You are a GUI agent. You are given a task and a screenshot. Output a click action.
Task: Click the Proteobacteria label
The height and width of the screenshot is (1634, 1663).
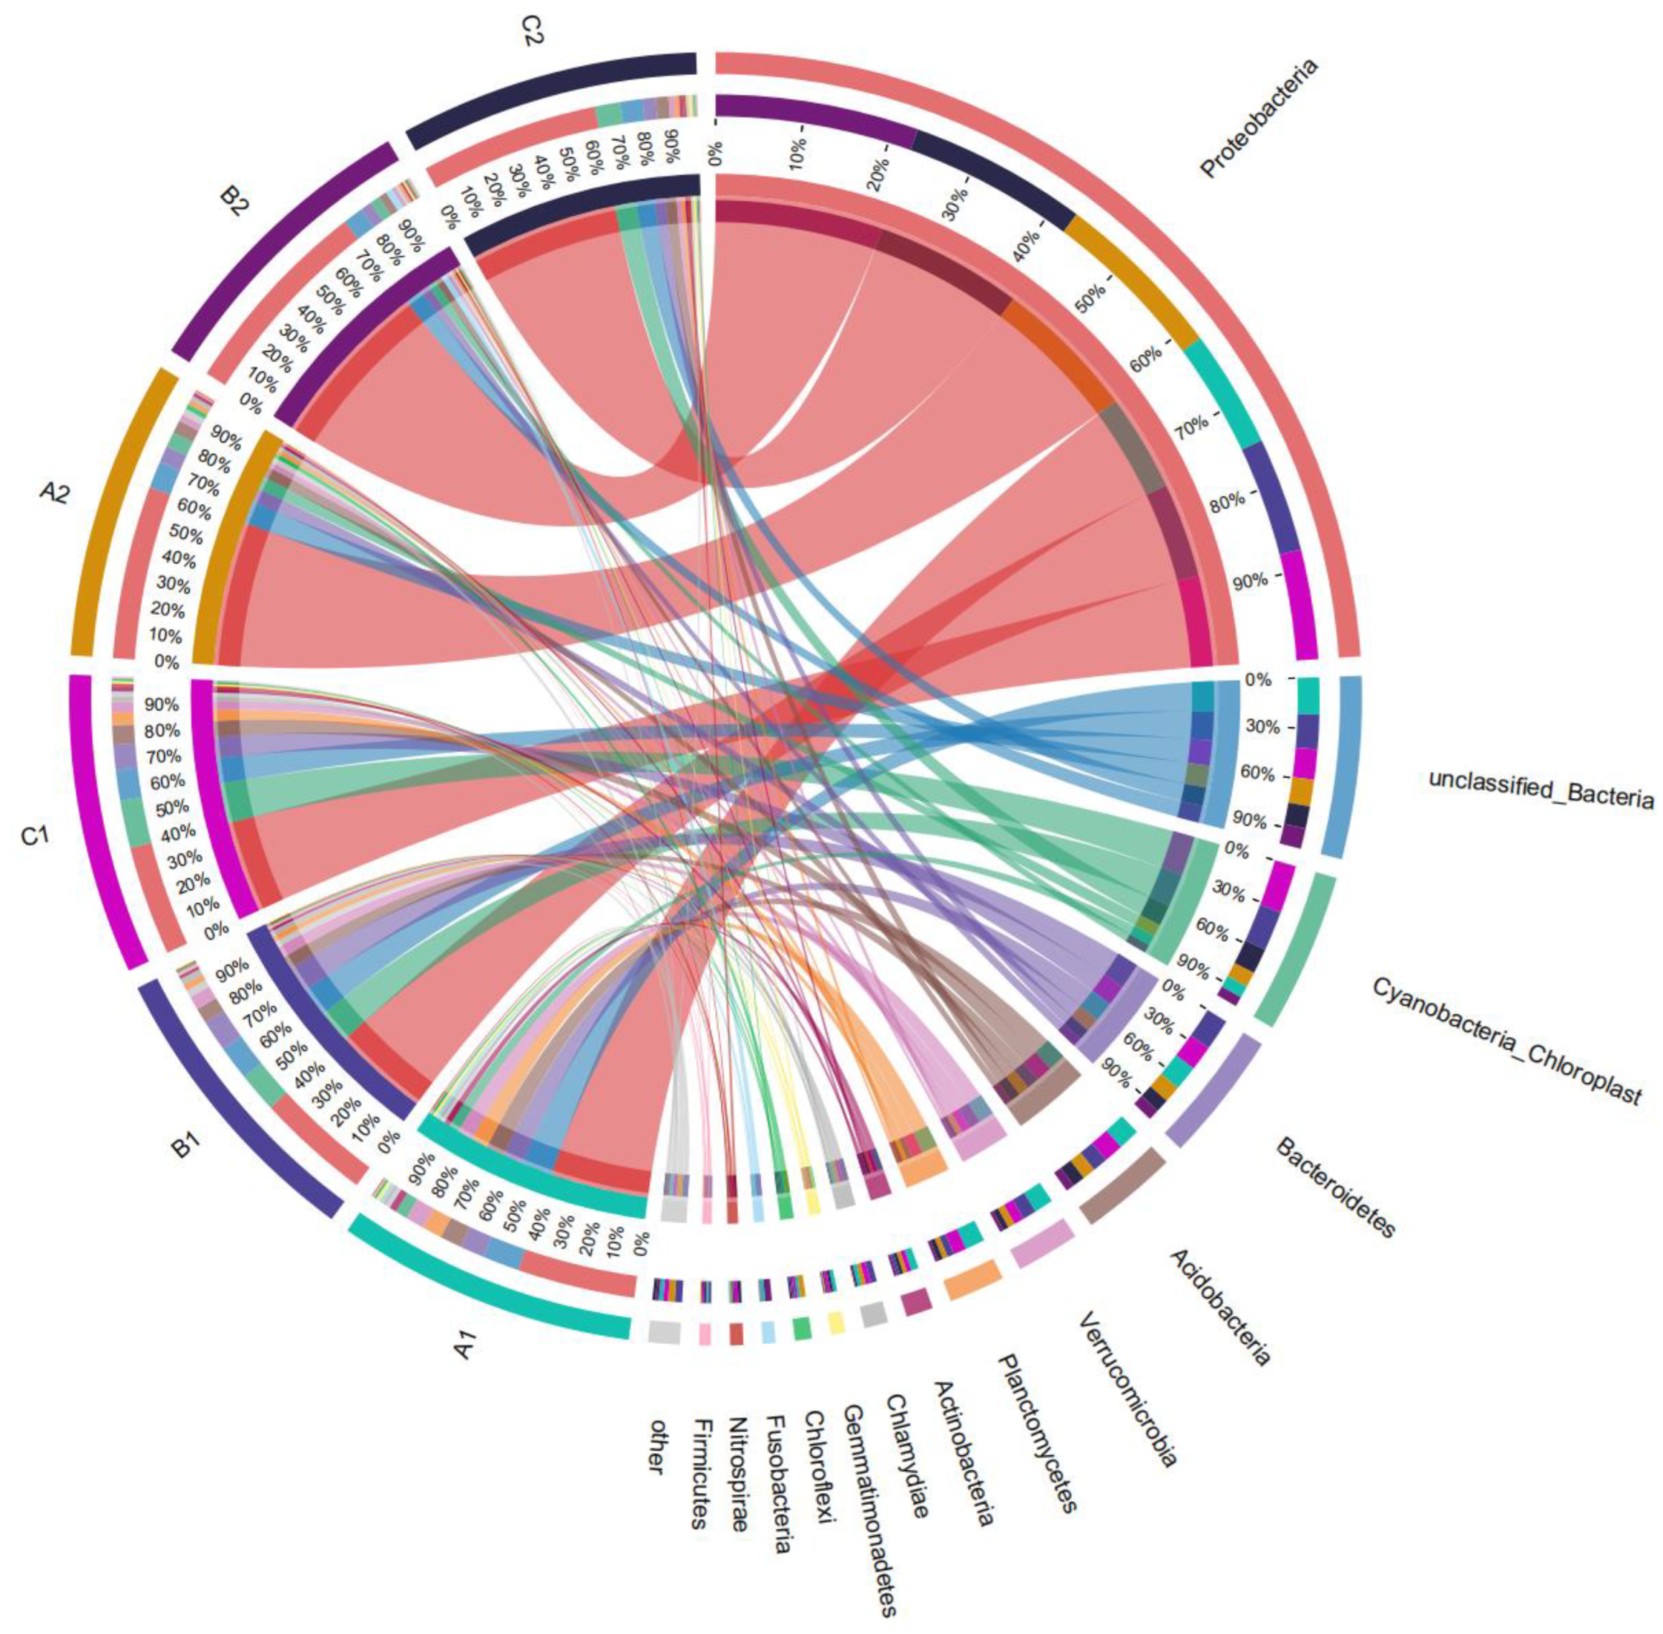[x=1258, y=118]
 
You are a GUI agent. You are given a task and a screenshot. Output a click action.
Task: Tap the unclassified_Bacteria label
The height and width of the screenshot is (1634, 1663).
[x=1540, y=789]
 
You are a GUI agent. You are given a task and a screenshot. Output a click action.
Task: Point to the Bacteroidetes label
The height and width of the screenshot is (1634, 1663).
[x=1335, y=1188]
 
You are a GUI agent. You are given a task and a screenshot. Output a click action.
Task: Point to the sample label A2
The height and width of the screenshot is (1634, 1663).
[x=53, y=493]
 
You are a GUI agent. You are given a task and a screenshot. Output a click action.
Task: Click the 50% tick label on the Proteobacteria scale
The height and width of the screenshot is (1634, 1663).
[x=1090, y=296]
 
